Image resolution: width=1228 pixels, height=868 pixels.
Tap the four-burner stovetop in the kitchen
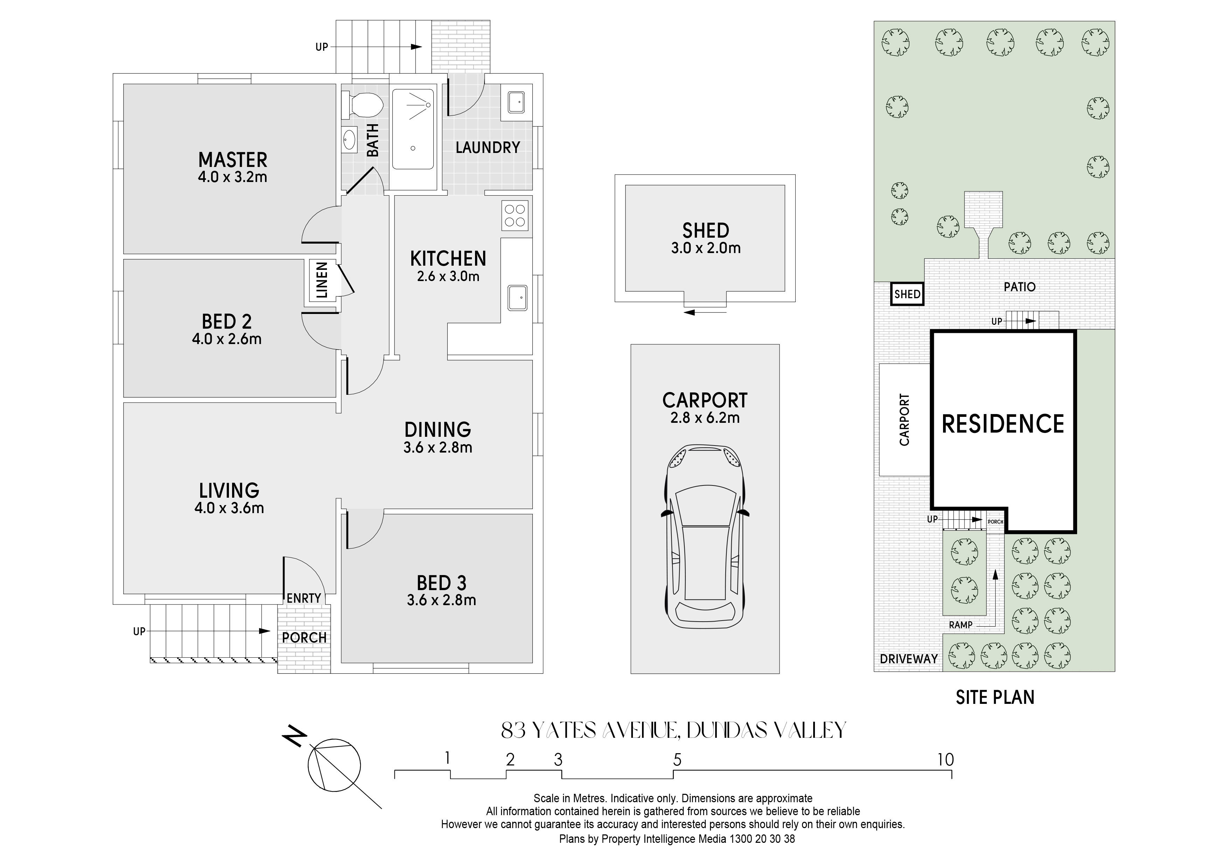[x=515, y=216]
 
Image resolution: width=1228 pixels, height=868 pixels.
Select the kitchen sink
[x=517, y=297]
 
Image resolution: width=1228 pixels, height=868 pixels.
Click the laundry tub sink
[x=516, y=101]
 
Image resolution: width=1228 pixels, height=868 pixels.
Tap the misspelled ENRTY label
[x=304, y=598]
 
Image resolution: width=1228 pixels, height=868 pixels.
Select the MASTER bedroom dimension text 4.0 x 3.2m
[x=233, y=177]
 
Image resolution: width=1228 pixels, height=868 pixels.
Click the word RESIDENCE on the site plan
[x=1003, y=424]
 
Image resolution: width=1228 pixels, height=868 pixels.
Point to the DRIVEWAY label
[x=909, y=659]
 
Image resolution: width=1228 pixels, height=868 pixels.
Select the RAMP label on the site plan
[x=961, y=625]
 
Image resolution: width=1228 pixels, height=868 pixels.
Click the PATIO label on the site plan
[x=1019, y=287]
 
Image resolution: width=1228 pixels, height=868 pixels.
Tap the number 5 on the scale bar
[x=677, y=760]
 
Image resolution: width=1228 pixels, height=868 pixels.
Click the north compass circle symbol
[x=334, y=764]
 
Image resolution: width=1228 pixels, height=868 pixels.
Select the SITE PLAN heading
[x=995, y=698]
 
